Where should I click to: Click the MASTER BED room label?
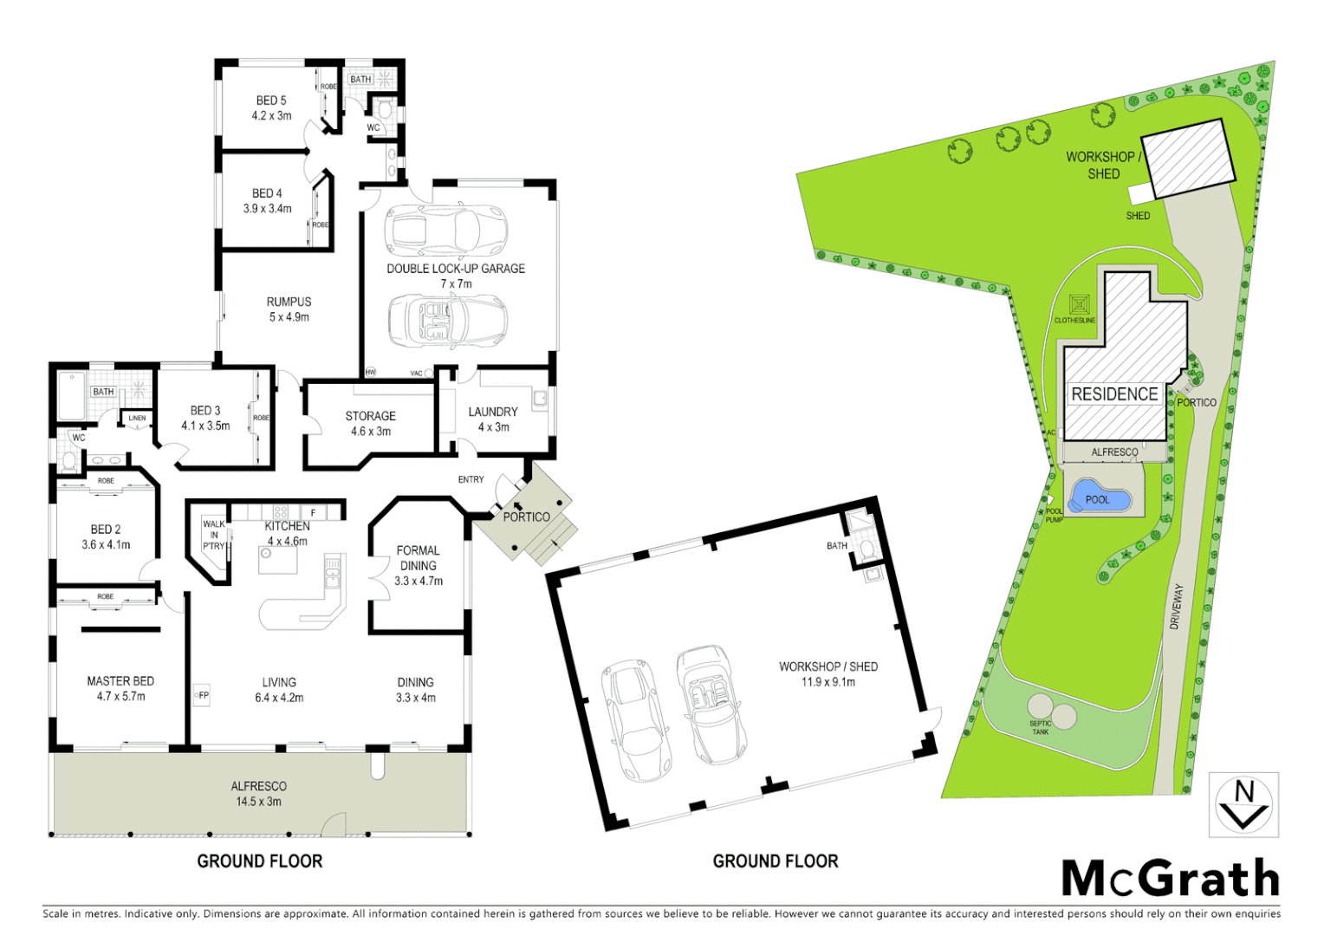coord(120,681)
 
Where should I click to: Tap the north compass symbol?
coord(1243,805)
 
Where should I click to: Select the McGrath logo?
coord(1171,879)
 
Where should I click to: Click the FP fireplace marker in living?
coord(201,695)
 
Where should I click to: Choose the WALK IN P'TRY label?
coord(214,535)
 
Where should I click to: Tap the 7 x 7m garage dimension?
coord(456,284)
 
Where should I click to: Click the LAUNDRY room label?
coord(493,412)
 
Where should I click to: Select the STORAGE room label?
coord(371,416)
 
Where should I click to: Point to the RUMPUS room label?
coord(289,302)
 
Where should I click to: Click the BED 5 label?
coord(271,101)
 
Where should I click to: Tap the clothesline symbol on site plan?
coord(1079,305)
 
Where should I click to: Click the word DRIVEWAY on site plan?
coord(1176,607)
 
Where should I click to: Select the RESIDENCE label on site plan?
coord(1114,394)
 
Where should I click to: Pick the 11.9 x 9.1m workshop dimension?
coord(828,682)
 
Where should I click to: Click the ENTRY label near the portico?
coord(471,479)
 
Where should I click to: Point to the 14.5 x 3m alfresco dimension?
coord(259,802)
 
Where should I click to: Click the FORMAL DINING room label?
coord(419,557)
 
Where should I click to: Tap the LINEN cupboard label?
coord(137,418)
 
